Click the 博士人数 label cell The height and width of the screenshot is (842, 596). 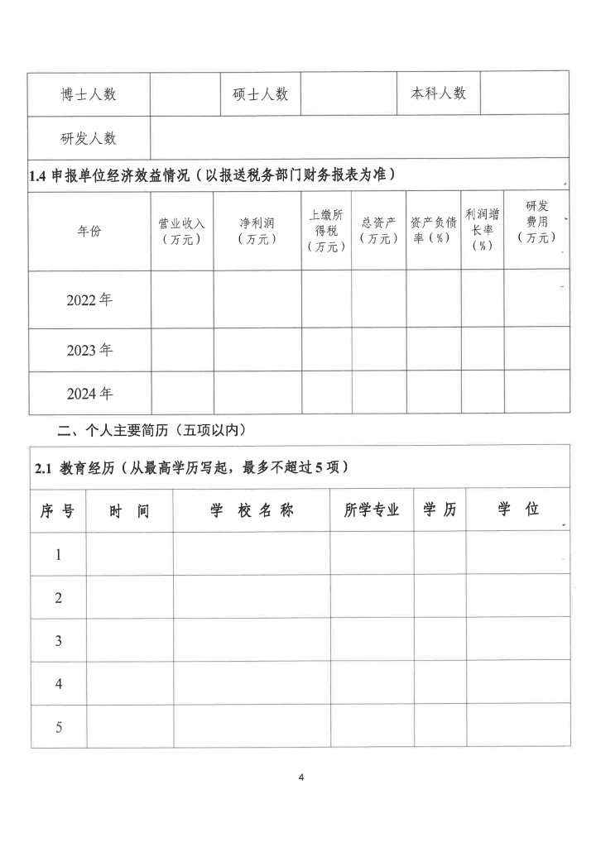point(89,93)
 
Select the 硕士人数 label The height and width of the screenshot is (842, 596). point(260,93)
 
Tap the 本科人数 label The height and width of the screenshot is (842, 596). point(439,93)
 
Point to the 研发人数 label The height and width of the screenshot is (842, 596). point(89,137)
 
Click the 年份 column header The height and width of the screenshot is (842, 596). point(89,232)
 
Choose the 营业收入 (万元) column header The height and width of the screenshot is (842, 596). point(182,232)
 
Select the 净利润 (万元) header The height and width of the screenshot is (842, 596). point(257,232)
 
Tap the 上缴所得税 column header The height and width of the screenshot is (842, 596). point(326,231)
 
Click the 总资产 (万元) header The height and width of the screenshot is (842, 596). point(378,232)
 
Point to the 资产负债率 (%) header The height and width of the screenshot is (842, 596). point(433,232)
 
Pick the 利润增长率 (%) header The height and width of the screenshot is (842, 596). point(483,231)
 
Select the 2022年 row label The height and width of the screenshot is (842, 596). point(89,299)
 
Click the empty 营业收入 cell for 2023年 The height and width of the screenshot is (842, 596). point(182,350)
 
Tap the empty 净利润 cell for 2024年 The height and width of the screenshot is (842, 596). point(257,393)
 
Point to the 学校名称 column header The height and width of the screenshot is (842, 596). point(252,510)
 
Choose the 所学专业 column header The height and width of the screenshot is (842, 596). point(372,510)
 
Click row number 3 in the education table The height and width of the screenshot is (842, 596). point(59,640)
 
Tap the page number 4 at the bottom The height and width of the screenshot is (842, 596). point(301,777)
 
